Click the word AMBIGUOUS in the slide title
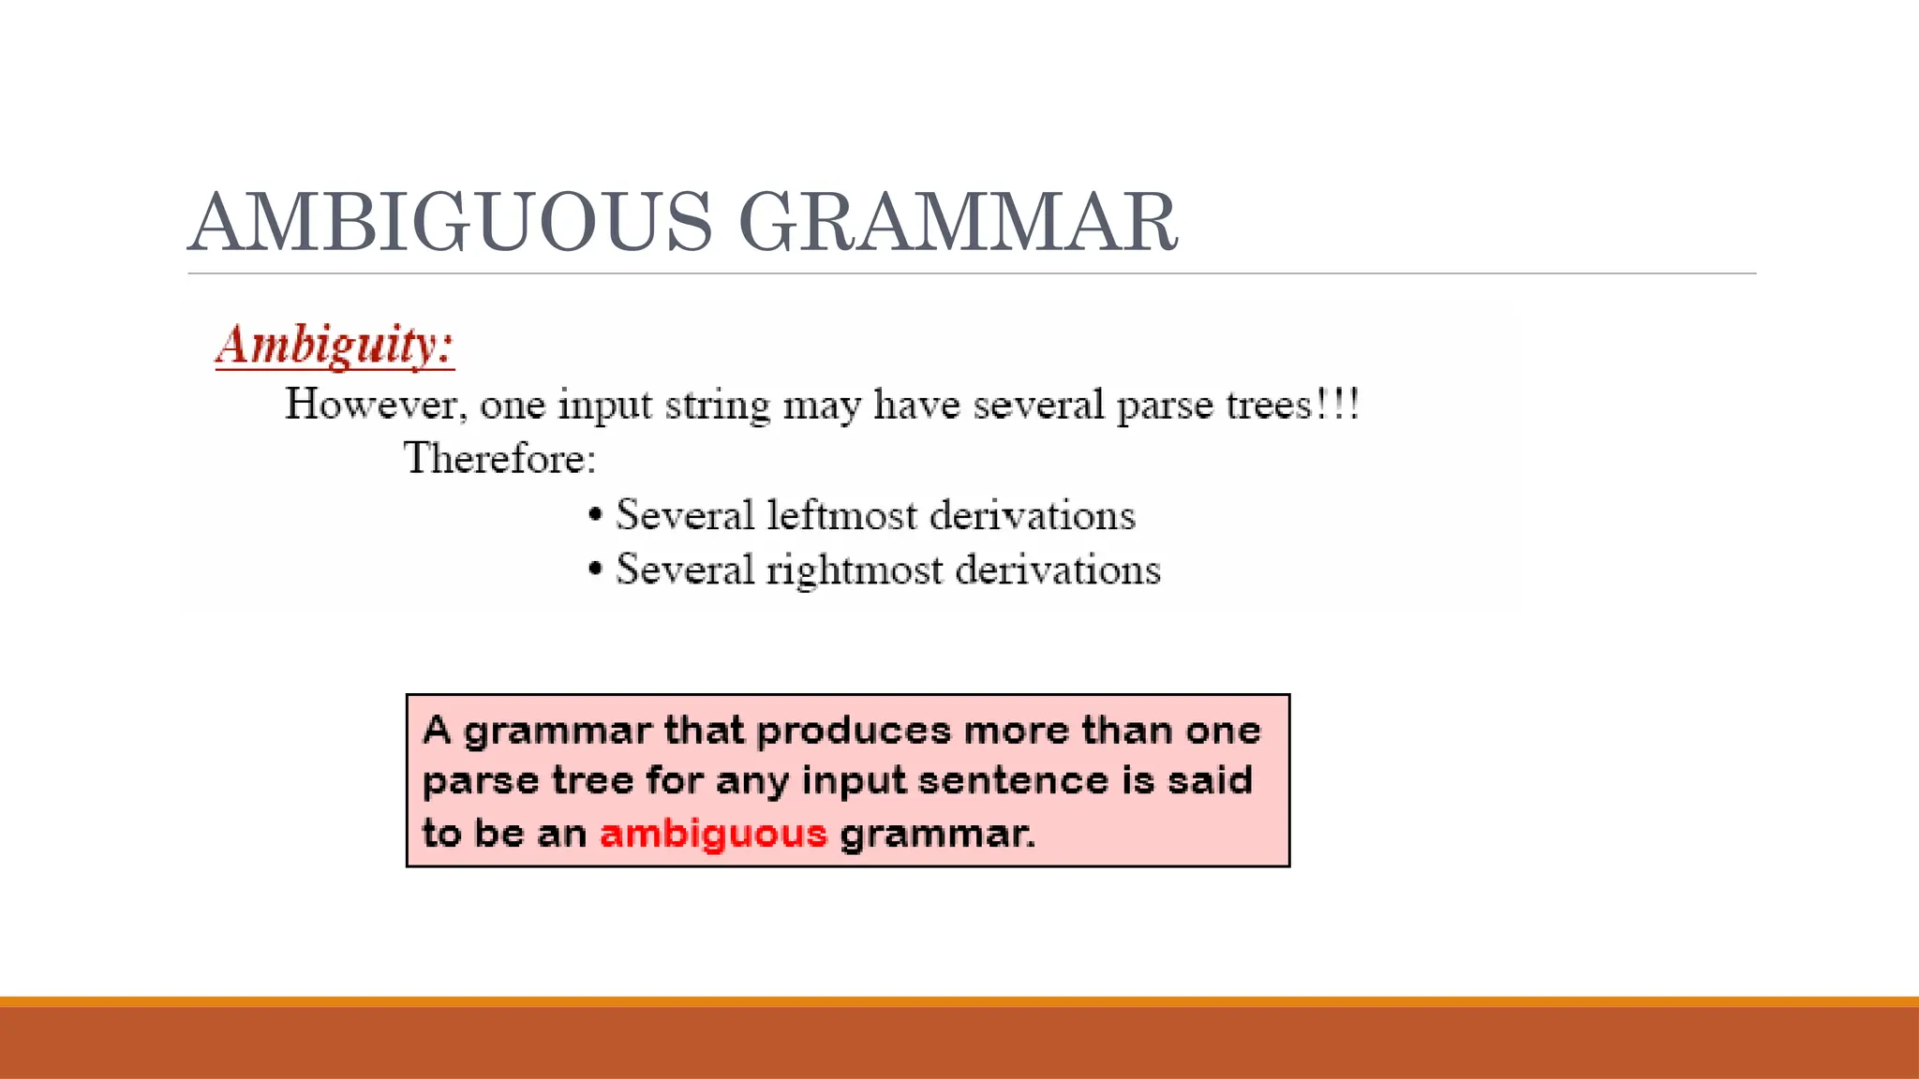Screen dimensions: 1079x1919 pyautogui.click(x=450, y=223)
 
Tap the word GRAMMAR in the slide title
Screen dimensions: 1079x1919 pyautogui.click(x=958, y=223)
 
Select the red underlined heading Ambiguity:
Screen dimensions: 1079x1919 pyautogui.click(x=335, y=345)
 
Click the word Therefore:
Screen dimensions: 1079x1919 pyautogui.click(x=499, y=458)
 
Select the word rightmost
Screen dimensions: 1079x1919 pyautogui.click(x=854, y=570)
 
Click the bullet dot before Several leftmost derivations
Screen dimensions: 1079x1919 pyautogui.click(x=595, y=515)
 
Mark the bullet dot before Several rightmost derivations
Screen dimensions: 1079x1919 pyautogui.click(x=595, y=569)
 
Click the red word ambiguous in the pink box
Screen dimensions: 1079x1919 pyautogui.click(x=713, y=834)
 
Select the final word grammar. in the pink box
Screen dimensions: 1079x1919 pyautogui.click(x=938, y=834)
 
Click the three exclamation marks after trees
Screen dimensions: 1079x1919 pyautogui.click(x=1338, y=405)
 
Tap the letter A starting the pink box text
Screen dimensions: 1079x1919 pyautogui.click(x=438, y=730)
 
